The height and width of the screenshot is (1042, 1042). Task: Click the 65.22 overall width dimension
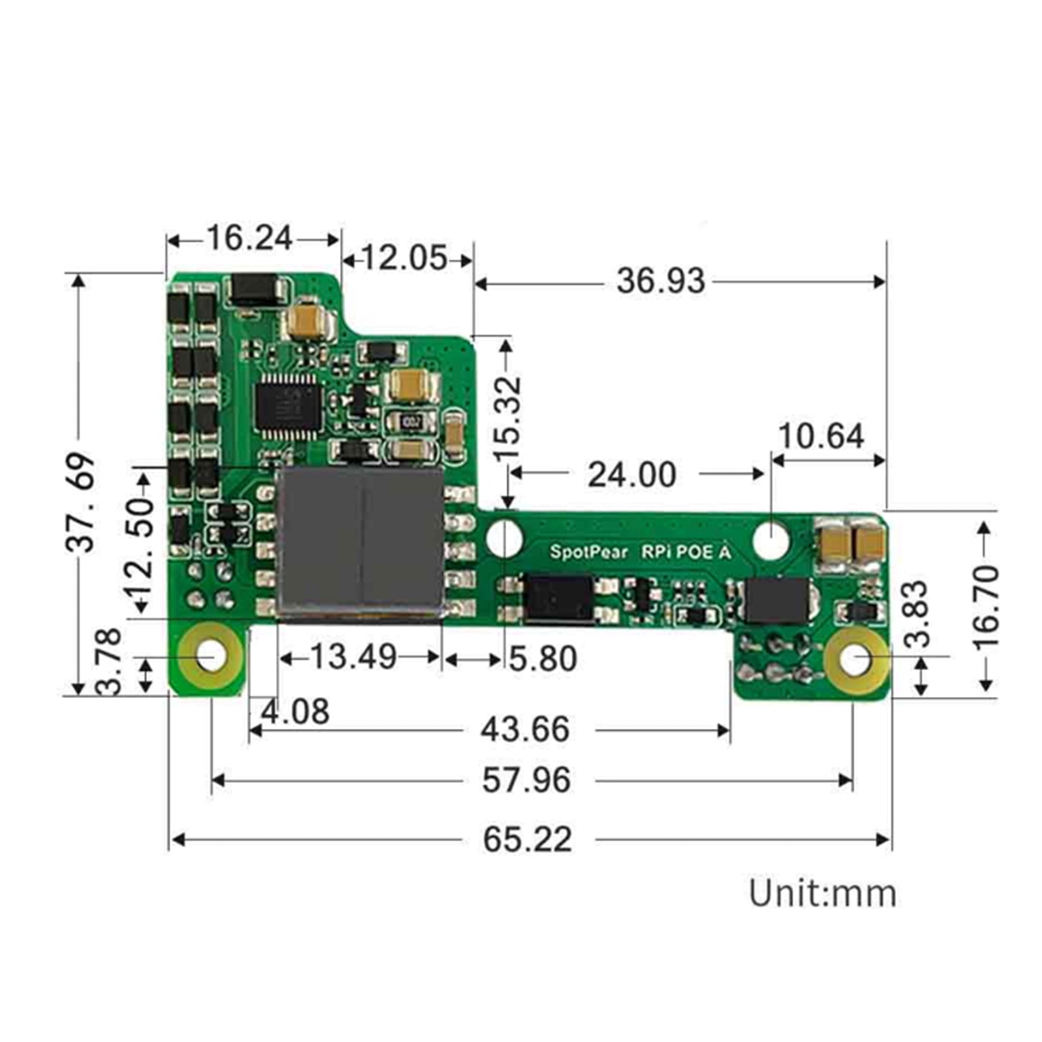coord(527,839)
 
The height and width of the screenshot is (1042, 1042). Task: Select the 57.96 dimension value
coord(526,780)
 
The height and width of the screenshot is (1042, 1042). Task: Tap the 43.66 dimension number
coord(525,729)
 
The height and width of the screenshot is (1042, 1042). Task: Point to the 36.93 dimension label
coord(660,281)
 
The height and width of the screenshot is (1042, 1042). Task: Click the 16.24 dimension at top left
coord(249,238)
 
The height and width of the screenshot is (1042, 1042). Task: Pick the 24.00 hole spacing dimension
coord(631,475)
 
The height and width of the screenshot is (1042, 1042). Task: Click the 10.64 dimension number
coord(821,436)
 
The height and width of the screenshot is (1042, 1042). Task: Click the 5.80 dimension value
coord(542,658)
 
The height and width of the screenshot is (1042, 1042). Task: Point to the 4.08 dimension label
coord(295,711)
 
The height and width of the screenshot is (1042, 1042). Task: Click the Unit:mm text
coord(822,894)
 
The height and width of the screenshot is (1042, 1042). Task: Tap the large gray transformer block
coord(359,542)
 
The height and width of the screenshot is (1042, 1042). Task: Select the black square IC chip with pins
coord(289,407)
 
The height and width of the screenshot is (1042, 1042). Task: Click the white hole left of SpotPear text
coord(505,538)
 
